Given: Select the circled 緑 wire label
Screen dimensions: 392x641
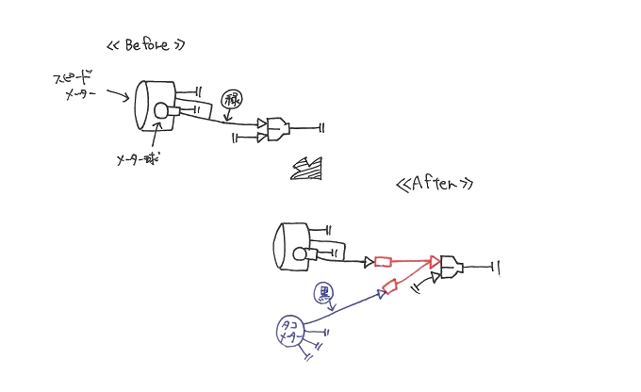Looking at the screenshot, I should pyautogui.click(x=231, y=99).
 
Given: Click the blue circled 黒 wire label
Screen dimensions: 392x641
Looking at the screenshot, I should pyautogui.click(x=324, y=293).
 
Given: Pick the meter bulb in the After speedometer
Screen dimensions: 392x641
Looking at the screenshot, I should pyautogui.click(x=301, y=253).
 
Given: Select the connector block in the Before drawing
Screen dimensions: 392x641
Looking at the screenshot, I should pyautogui.click(x=279, y=129).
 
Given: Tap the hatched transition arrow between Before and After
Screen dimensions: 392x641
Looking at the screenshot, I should pyautogui.click(x=308, y=168).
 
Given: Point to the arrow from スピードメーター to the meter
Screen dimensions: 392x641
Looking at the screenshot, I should pyautogui.click(x=119, y=95).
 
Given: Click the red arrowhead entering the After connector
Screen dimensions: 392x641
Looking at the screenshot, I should pyautogui.click(x=435, y=262).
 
